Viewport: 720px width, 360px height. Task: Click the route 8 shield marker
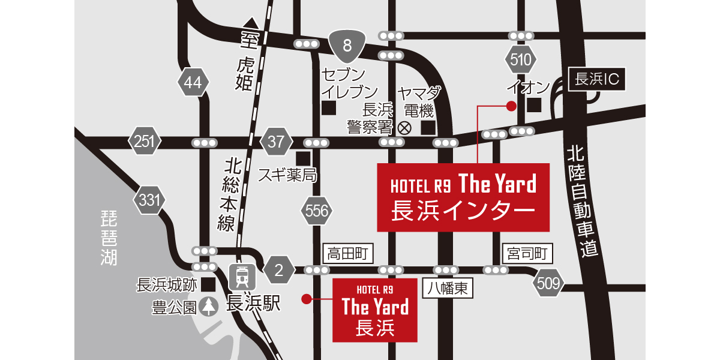click(348, 46)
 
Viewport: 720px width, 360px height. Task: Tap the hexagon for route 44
click(193, 83)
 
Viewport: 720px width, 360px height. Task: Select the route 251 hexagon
click(145, 142)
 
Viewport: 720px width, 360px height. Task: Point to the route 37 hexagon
click(276, 142)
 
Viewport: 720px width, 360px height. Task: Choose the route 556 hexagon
click(317, 211)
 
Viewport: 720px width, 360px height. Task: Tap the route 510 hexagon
click(520, 59)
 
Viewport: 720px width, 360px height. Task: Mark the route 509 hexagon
click(548, 282)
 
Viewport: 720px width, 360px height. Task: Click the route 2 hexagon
click(278, 271)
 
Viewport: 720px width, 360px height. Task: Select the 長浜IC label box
click(596, 79)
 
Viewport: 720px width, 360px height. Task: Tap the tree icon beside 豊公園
click(209, 307)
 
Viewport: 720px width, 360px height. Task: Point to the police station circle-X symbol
click(404, 127)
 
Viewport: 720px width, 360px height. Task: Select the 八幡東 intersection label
click(448, 288)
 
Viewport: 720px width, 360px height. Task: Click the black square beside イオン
click(534, 105)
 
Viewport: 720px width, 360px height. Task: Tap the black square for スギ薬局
click(304, 158)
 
